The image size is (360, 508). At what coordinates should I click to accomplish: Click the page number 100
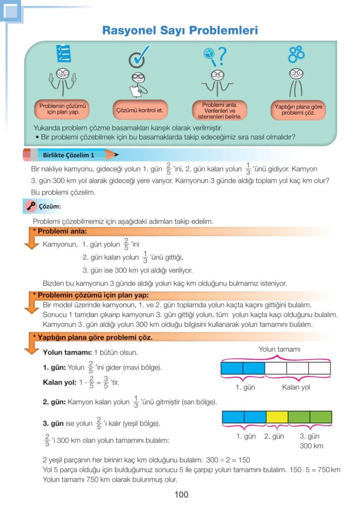(x=181, y=495)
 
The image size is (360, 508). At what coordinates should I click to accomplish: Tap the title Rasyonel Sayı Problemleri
(x=180, y=30)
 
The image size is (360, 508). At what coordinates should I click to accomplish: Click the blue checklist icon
(x=64, y=53)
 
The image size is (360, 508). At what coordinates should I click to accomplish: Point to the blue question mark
(x=222, y=56)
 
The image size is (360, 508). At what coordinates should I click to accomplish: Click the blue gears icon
(x=296, y=54)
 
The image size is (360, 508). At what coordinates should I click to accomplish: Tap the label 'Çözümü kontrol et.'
(x=139, y=110)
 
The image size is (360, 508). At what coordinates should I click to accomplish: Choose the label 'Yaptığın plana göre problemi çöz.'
(x=298, y=110)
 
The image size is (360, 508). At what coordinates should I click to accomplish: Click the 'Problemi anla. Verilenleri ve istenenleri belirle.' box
(x=219, y=111)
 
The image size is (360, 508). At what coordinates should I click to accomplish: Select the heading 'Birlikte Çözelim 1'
(x=68, y=155)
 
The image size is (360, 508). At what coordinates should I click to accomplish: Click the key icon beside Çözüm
(x=31, y=206)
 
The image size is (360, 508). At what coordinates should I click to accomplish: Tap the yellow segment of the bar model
(x=277, y=417)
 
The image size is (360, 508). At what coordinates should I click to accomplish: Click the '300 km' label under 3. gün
(x=311, y=446)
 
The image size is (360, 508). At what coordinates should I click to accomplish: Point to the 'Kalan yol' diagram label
(x=296, y=387)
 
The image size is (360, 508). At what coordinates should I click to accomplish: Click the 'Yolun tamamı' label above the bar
(x=279, y=349)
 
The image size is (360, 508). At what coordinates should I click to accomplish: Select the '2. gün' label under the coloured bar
(x=274, y=436)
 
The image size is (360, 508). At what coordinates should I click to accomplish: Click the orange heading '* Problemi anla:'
(x=60, y=231)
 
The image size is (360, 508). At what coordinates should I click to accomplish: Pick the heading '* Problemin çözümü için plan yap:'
(x=91, y=295)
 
